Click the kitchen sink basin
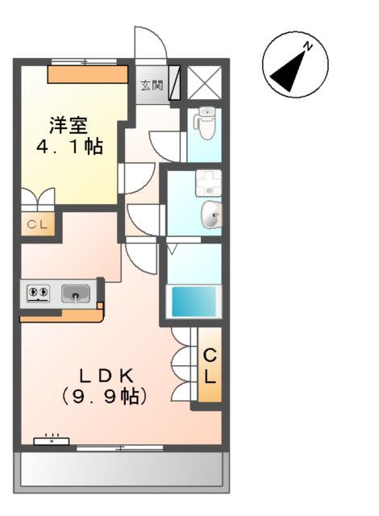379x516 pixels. pos(77,293)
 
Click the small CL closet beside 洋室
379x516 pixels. pos(37,225)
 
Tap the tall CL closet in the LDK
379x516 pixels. pos(210,365)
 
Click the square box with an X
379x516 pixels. pos(201,83)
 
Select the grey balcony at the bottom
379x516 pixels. pos(120,469)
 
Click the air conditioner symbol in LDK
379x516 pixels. pos(52,440)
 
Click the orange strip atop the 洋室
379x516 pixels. pos(87,74)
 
